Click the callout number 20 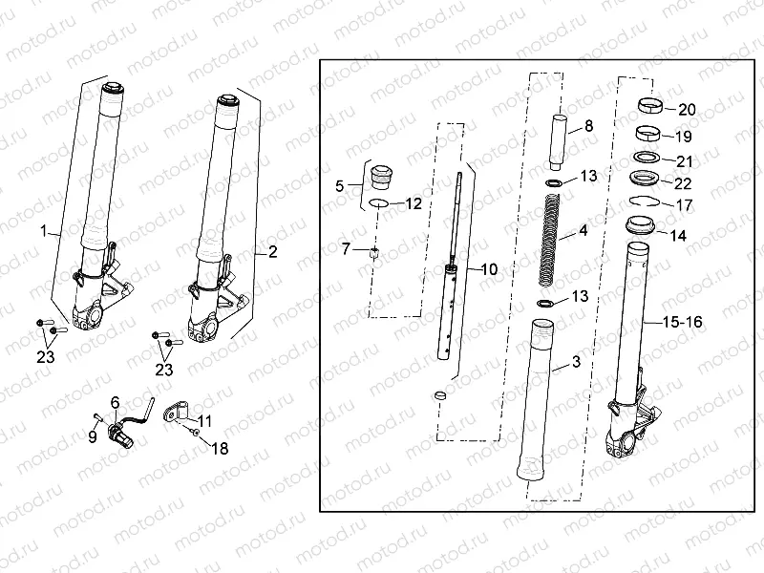click(x=687, y=109)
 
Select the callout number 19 click(x=686, y=136)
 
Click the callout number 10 click(x=488, y=270)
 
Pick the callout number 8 click(x=588, y=125)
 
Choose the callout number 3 click(x=576, y=362)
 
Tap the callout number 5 click(x=340, y=187)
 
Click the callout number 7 click(x=346, y=250)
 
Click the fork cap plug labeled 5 click(x=379, y=176)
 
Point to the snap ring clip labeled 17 click(x=645, y=201)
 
